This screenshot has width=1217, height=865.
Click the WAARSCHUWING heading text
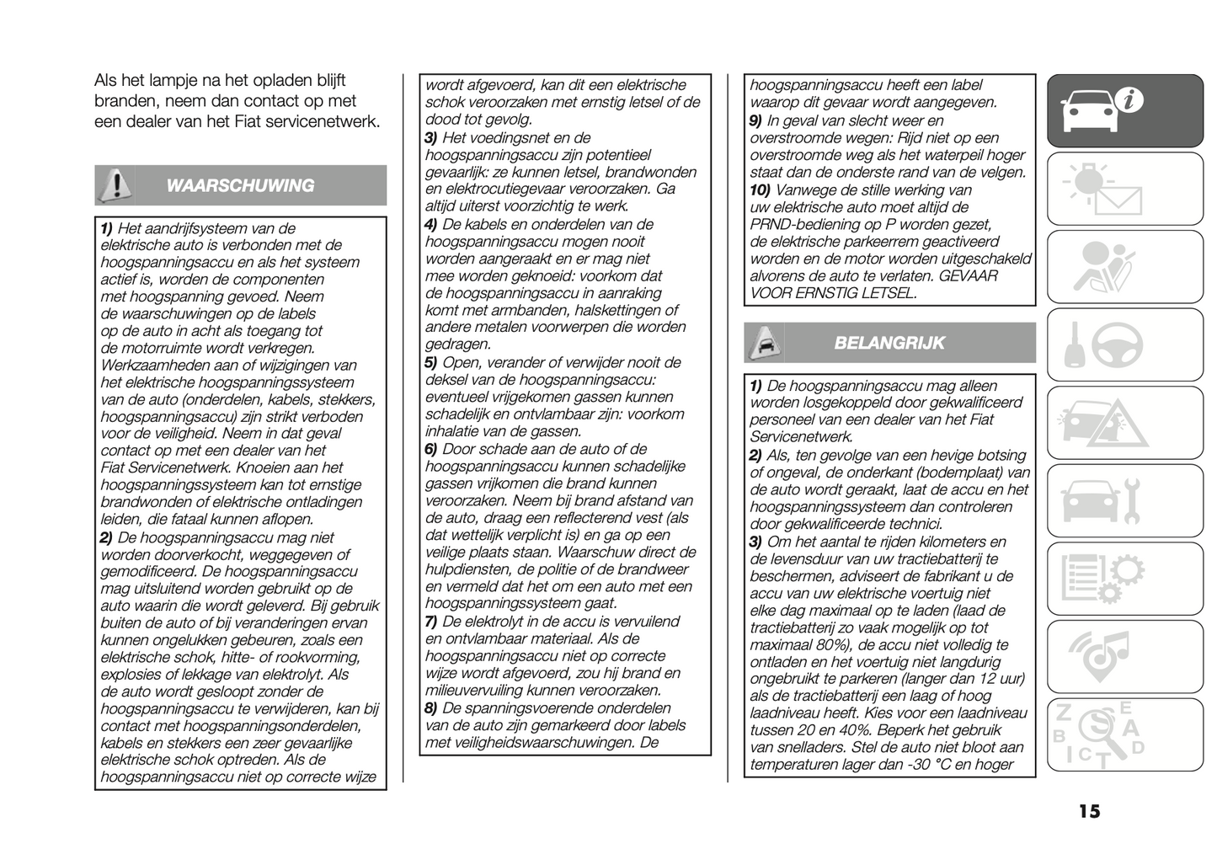pos(240,186)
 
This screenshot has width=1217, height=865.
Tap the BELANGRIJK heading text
pos(889,343)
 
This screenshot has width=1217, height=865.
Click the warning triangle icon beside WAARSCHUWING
pos(115,185)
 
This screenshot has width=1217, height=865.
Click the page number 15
pos(1088,812)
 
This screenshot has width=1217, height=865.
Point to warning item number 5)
pos(431,363)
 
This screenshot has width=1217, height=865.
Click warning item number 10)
pos(760,190)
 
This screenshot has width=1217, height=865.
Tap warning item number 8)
pos(431,708)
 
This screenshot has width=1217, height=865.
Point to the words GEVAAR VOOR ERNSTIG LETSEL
pos(874,285)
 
